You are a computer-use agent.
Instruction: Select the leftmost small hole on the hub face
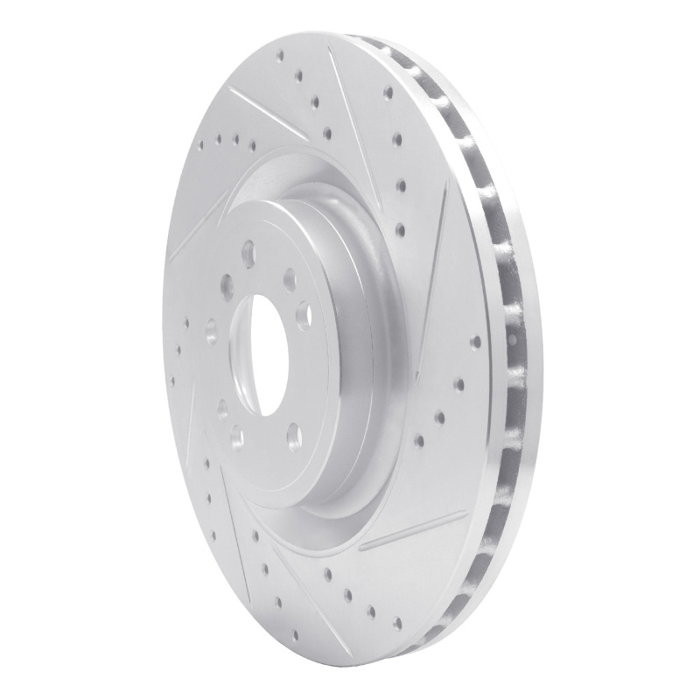point(211,332)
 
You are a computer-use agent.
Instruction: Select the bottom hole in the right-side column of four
point(402,229)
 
